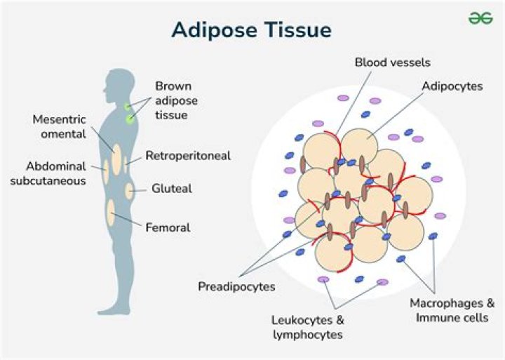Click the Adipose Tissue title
click(252, 31)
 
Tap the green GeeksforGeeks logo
click(480, 18)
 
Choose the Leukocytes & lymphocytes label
click(307, 327)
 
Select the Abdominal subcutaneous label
click(56, 173)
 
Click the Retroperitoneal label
click(187, 156)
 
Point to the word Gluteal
click(171, 189)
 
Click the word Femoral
click(168, 227)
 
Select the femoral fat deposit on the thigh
click(111, 213)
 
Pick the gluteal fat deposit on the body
click(129, 189)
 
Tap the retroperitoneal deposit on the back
click(126, 164)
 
